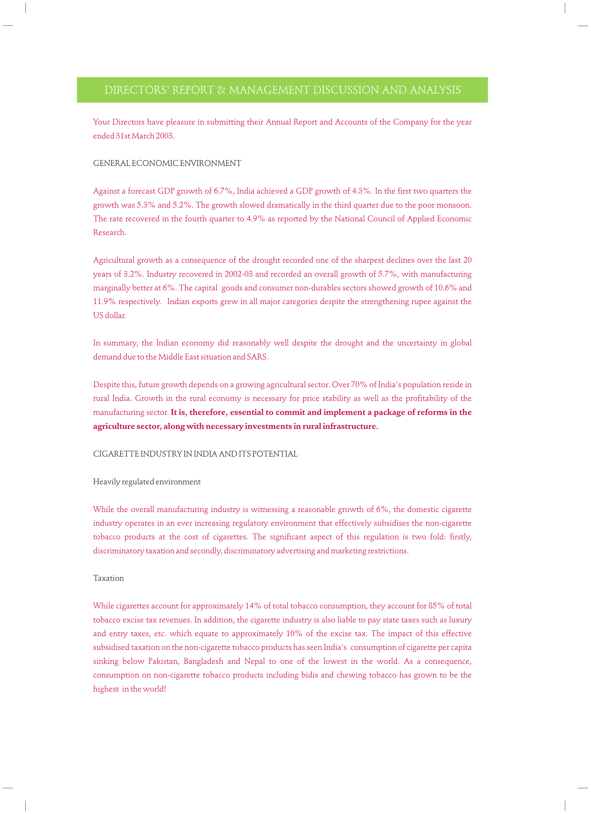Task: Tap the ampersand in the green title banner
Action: pos(221,90)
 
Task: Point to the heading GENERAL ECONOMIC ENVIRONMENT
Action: pos(167,163)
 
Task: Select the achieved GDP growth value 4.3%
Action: pos(361,191)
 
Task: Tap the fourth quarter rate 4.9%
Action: pos(255,219)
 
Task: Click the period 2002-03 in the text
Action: pos(238,274)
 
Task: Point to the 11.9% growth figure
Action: pos(104,301)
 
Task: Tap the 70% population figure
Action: pos(358,385)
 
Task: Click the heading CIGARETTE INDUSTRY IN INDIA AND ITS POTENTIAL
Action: pos(195,454)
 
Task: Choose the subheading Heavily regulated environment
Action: pos(146,482)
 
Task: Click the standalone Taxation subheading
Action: pos(108,578)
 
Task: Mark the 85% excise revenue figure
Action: pos(436,606)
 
